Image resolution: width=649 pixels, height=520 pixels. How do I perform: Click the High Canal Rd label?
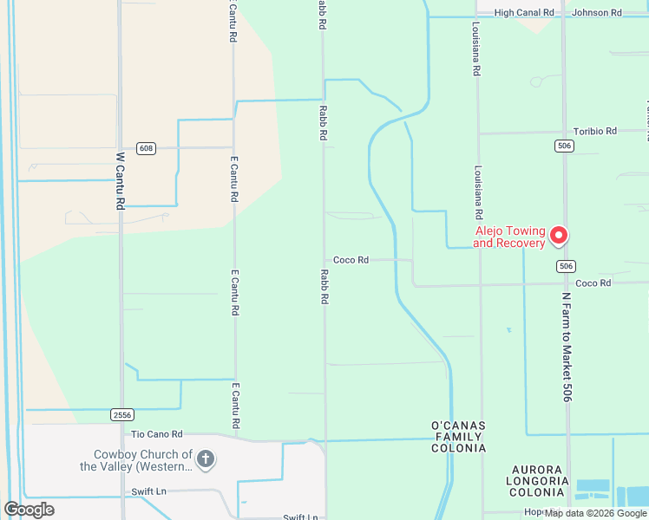pyautogui.click(x=524, y=13)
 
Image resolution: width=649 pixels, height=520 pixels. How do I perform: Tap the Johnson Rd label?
pyautogui.click(x=597, y=13)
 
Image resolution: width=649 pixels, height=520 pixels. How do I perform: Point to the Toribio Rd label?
pyautogui.click(x=594, y=131)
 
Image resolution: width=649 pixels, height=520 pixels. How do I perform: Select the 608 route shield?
pyautogui.click(x=146, y=148)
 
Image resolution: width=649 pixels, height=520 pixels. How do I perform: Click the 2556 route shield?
pyautogui.click(x=122, y=415)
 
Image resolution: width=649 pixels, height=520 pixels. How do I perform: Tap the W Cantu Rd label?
pyautogui.click(x=121, y=181)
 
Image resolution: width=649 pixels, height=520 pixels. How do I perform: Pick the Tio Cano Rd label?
pyautogui.click(x=156, y=434)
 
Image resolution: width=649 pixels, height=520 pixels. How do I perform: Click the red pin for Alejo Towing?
pyautogui.click(x=559, y=235)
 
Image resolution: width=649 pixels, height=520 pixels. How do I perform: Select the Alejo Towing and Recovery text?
pyautogui.click(x=509, y=237)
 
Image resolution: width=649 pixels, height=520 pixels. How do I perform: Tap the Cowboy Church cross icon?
pyautogui.click(x=205, y=458)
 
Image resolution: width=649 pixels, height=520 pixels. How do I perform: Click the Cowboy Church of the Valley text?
pyautogui.click(x=136, y=460)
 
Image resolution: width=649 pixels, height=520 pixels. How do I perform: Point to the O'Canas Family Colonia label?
pyautogui.click(x=458, y=437)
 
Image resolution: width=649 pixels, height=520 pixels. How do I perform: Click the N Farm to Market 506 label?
pyautogui.click(x=567, y=346)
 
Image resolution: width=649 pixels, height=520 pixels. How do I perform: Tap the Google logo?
pyautogui.click(x=29, y=510)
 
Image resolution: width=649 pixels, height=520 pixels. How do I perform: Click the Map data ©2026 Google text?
pyautogui.click(x=595, y=513)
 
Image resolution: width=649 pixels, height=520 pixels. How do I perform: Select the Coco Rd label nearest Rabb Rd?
pyautogui.click(x=351, y=260)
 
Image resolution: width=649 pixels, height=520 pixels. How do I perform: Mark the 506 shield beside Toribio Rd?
pyautogui.click(x=565, y=146)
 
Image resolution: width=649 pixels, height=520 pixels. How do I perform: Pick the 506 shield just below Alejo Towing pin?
pyautogui.click(x=566, y=265)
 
